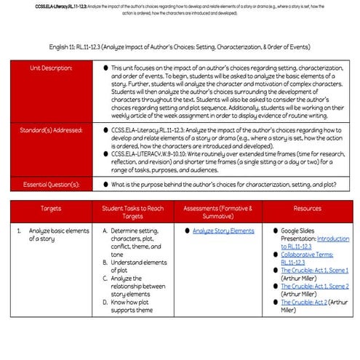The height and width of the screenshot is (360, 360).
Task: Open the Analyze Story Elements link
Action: (223, 231)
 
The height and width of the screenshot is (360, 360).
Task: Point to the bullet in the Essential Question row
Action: (108, 184)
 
